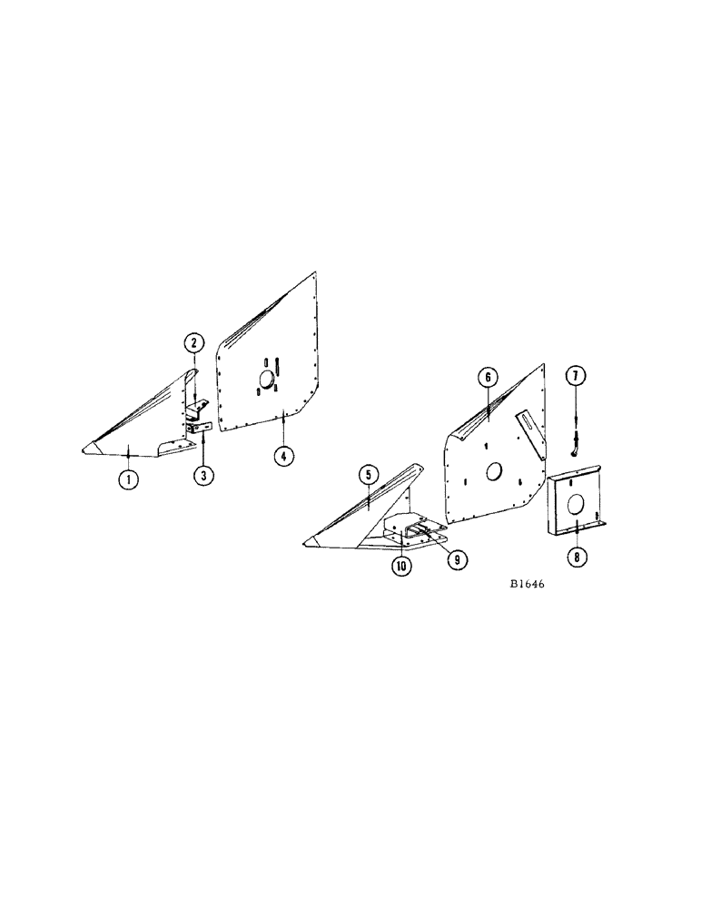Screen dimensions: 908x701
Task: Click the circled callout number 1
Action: pos(130,479)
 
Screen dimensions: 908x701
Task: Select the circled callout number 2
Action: pos(193,343)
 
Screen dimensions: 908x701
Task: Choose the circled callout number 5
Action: pos(367,474)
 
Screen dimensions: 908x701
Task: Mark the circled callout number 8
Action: pos(576,557)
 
